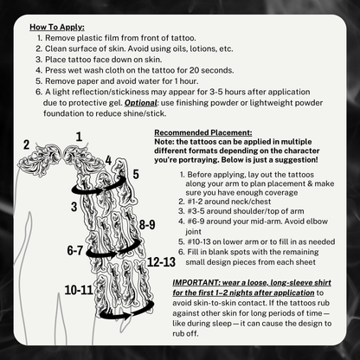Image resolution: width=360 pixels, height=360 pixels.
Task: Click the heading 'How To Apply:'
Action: pos(56,27)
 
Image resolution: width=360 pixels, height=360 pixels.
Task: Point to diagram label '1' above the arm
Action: pos(80,137)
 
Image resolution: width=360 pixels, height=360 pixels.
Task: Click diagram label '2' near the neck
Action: pos(27,144)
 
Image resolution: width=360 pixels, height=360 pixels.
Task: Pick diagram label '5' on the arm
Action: pos(136,174)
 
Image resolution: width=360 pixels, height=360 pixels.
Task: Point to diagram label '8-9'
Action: pos(146,225)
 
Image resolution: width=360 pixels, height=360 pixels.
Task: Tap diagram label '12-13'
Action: pos(162,260)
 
